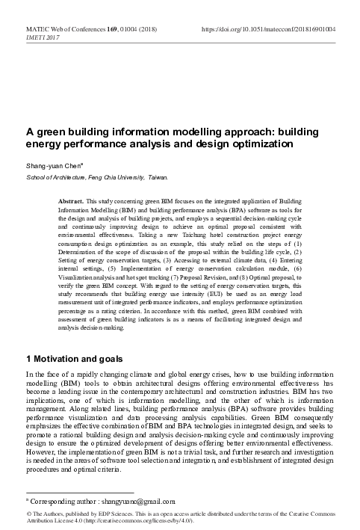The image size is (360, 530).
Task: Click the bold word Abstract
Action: (x=71, y=203)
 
